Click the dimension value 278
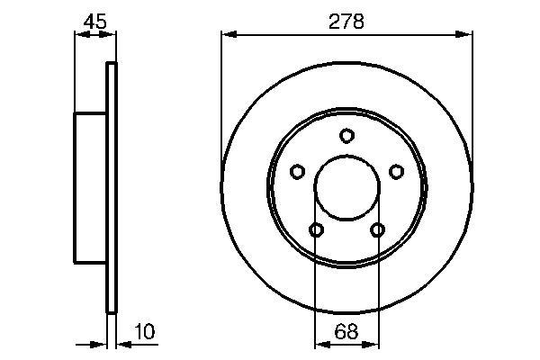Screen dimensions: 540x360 pyautogui.click(x=346, y=22)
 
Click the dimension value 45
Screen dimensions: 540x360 pyautogui.click(x=95, y=22)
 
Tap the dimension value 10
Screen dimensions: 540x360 pyautogui.click(x=145, y=332)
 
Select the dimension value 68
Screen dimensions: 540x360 pyautogui.click(x=346, y=332)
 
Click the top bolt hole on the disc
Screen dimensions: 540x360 pyautogui.click(x=346, y=135)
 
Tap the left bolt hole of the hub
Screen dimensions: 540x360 pyautogui.click(x=297, y=171)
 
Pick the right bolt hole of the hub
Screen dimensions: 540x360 pyautogui.click(x=396, y=171)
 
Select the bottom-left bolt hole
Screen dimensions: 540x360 pyautogui.click(x=316, y=229)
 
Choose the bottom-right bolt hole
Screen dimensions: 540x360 pyautogui.click(x=377, y=229)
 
